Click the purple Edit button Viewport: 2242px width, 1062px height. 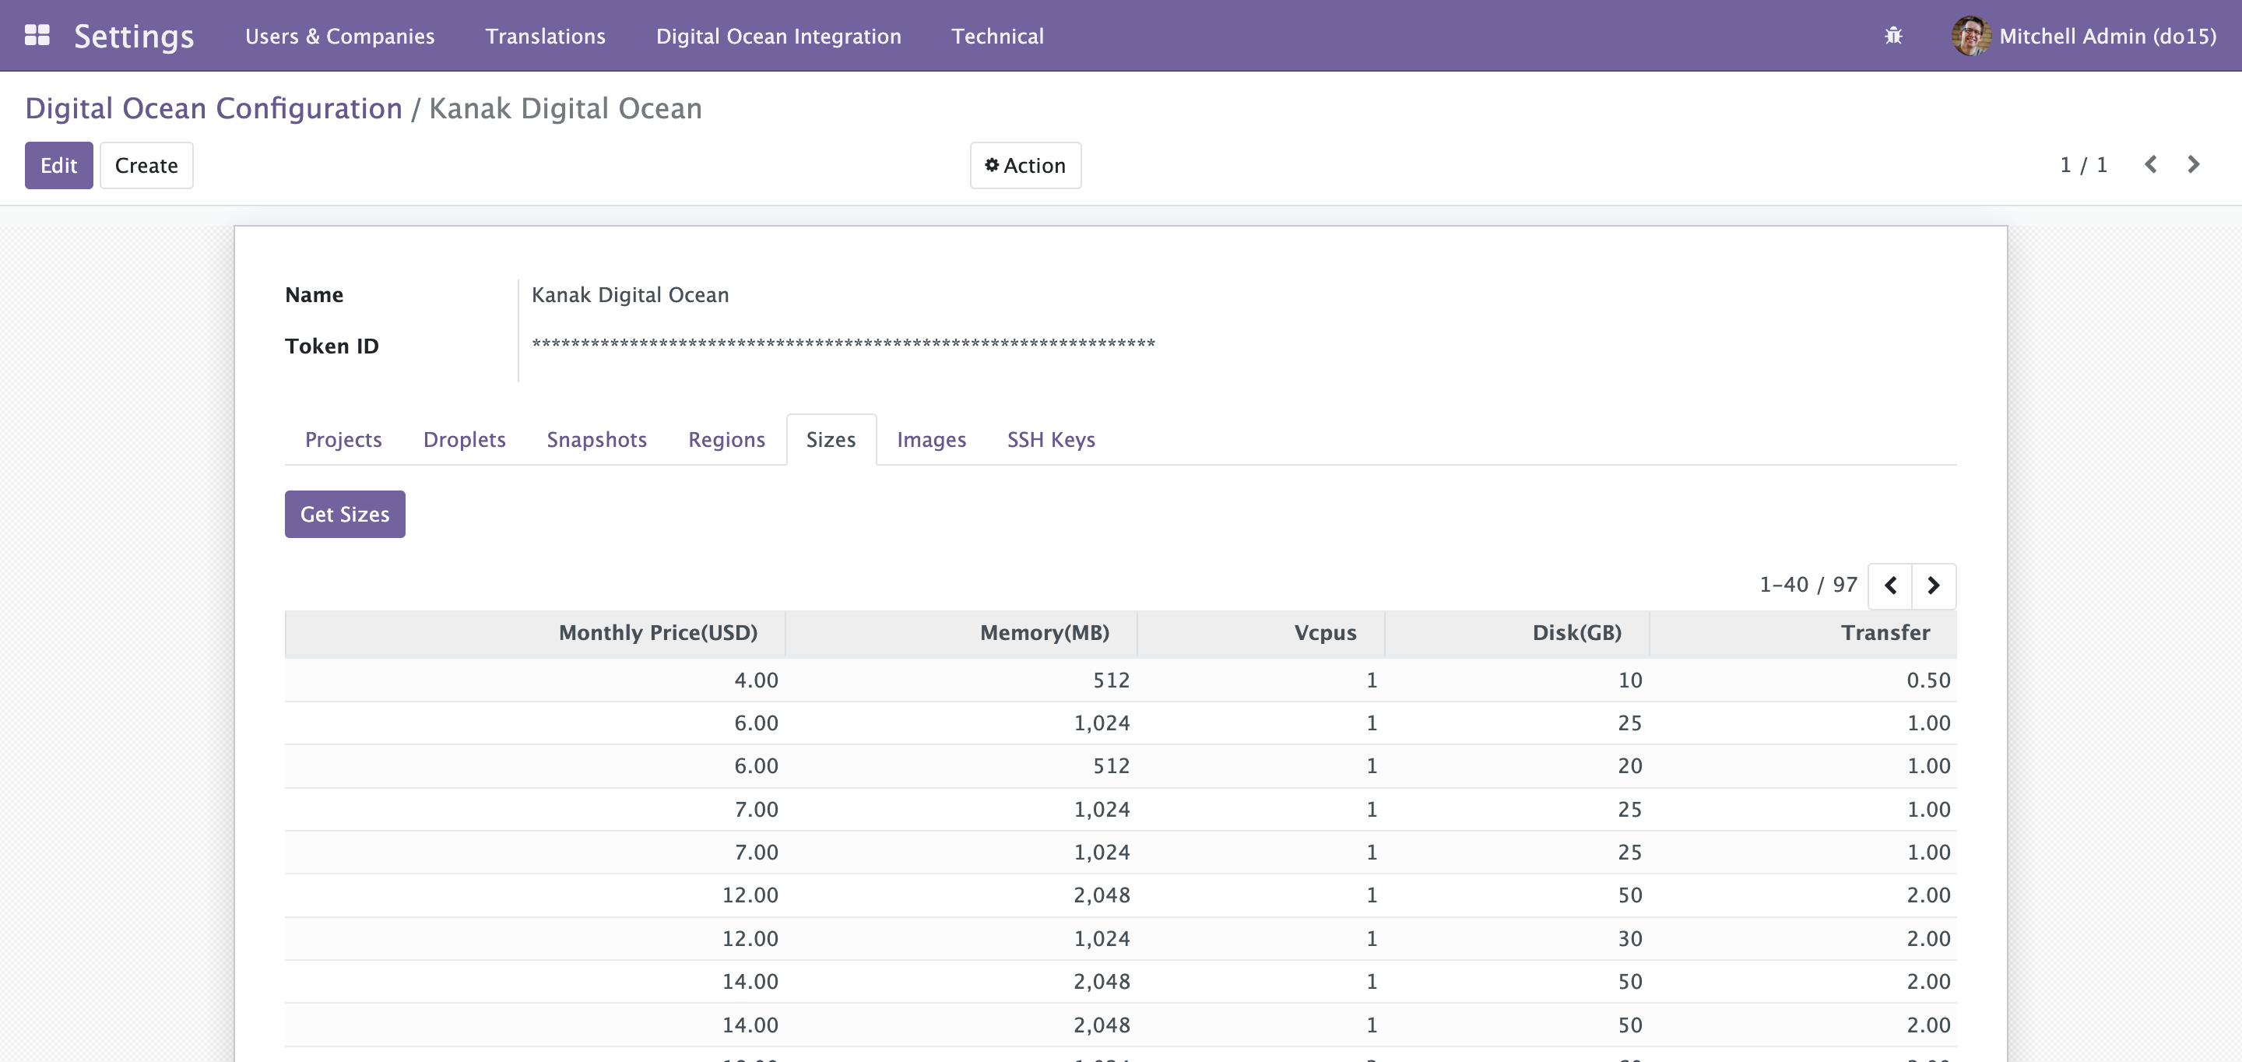pyautogui.click(x=58, y=165)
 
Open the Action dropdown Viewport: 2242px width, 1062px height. pyautogui.click(x=1025, y=165)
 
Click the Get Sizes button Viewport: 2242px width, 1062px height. pyautogui.click(x=345, y=515)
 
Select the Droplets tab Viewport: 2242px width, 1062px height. pyautogui.click(x=464, y=440)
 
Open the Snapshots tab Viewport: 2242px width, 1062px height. pyautogui.click(x=596, y=440)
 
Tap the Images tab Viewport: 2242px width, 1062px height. pyautogui.click(x=931, y=440)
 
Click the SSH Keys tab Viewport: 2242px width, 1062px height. pyautogui.click(x=1050, y=440)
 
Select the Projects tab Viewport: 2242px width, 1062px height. pyautogui.click(x=343, y=440)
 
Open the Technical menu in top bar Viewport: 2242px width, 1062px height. pyautogui.click(x=997, y=36)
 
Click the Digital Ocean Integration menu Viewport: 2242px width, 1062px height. pyautogui.click(x=778, y=36)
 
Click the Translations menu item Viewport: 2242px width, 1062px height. pyautogui.click(x=545, y=36)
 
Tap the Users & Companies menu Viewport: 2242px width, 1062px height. pyautogui.click(x=339, y=36)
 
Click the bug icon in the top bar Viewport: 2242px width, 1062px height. pyautogui.click(x=1893, y=36)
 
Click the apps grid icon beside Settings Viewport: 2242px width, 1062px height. pyautogui.click(x=37, y=35)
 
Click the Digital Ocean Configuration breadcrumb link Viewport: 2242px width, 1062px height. pyautogui.click(x=213, y=108)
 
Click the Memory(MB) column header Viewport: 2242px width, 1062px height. pyautogui.click(x=1045, y=633)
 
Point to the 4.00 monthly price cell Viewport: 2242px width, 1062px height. pyautogui.click(x=755, y=680)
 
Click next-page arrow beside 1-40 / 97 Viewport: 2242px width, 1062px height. pyautogui.click(x=1933, y=586)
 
